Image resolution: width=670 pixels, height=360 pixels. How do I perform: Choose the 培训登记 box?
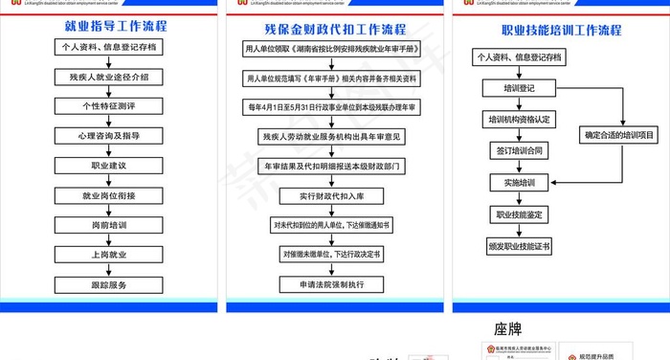pyautogui.click(x=521, y=89)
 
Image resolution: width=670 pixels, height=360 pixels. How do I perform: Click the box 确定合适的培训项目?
pyautogui.click(x=619, y=136)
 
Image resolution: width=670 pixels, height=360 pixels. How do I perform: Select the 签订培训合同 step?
pyautogui.click(x=520, y=150)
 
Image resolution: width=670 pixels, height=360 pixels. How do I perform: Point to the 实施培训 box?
pyautogui.click(x=520, y=182)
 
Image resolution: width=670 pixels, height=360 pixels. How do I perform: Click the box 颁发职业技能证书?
pyautogui.click(x=520, y=246)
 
